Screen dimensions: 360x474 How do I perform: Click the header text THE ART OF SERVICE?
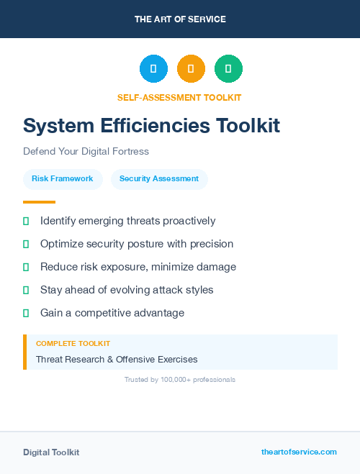click(180, 19)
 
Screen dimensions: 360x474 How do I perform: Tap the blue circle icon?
click(153, 68)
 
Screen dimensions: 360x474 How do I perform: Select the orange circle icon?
click(191, 68)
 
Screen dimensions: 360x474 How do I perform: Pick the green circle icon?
click(228, 68)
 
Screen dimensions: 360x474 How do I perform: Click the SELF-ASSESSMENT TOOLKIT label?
click(179, 97)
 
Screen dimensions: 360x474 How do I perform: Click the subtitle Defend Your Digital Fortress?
click(86, 152)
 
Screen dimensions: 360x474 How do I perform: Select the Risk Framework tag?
click(63, 179)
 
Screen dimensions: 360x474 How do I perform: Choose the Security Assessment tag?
click(159, 179)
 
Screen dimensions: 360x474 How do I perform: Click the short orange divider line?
click(39, 202)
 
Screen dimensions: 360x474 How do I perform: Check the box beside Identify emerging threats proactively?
click(26, 221)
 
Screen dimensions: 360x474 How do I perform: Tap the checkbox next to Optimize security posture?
click(26, 244)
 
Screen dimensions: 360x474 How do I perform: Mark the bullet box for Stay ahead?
click(26, 290)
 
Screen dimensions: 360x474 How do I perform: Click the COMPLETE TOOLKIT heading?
click(73, 344)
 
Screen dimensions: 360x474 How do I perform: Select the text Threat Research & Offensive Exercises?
click(117, 359)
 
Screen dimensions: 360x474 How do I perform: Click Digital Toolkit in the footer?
click(51, 452)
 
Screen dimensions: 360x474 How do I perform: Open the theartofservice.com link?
click(299, 452)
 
